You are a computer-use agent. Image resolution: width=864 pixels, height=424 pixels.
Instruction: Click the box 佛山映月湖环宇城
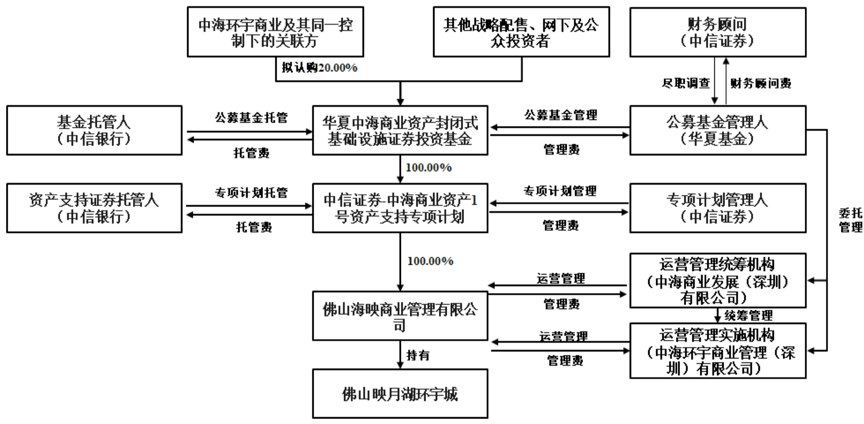pos(400,394)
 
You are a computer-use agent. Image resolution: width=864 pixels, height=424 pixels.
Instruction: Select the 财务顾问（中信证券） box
pos(718,32)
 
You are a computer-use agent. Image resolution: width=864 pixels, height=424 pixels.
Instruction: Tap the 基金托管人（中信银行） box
pos(94,130)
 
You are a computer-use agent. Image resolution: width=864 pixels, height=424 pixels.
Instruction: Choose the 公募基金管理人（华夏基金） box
pos(718,130)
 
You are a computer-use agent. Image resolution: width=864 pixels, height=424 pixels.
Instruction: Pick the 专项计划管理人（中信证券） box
pos(718,208)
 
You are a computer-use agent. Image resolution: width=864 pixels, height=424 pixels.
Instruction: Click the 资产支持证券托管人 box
pos(94,208)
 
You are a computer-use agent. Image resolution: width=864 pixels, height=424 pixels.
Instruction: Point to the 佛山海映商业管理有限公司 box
pos(400,316)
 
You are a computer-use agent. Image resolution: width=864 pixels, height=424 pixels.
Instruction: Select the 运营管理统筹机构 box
pos(718,281)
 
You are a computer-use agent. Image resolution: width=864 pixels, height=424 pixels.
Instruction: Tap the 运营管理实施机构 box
pos(718,351)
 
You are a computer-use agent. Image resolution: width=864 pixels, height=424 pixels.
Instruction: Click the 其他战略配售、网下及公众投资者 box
pos(521,32)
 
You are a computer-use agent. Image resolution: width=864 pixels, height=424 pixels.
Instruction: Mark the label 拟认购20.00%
pos(319,68)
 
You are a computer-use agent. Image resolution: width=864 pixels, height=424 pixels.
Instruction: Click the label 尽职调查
pos(686,83)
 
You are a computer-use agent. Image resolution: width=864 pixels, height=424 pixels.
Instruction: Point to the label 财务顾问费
pos(761,83)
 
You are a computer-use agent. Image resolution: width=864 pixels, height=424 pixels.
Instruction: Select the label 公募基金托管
pos(251,118)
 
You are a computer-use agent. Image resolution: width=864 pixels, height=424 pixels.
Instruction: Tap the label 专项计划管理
pos(560,191)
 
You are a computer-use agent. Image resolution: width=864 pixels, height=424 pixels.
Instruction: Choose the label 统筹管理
pos(749,316)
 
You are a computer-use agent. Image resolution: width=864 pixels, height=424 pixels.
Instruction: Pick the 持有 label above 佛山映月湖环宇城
pos(418,355)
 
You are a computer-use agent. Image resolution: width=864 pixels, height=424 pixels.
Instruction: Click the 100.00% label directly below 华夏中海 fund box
pos(428,168)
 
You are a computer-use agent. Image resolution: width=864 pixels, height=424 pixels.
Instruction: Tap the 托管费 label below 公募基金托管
pos(251,153)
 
